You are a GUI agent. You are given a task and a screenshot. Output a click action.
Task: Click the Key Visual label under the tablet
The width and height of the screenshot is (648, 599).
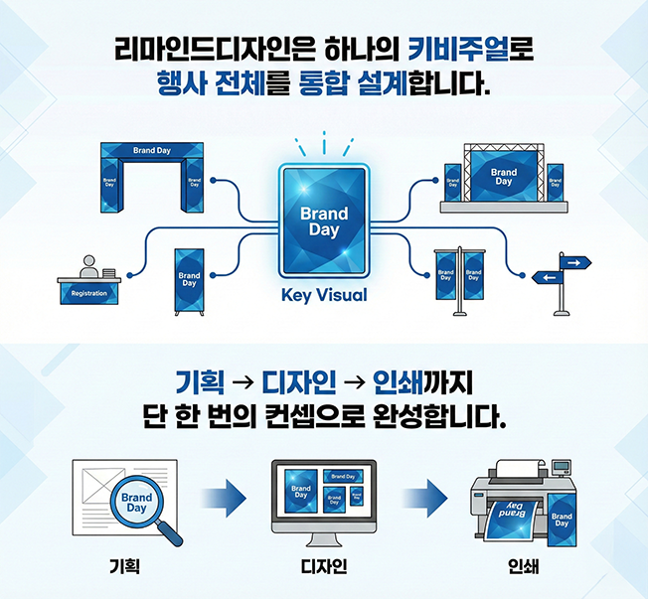324,295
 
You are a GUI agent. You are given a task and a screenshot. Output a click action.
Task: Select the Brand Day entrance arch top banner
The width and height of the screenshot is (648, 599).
152,151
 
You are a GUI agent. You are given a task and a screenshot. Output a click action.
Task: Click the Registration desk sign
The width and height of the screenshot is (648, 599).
89,293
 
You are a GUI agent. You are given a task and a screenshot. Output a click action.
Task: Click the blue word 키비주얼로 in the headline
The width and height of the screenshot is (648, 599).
472,48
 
